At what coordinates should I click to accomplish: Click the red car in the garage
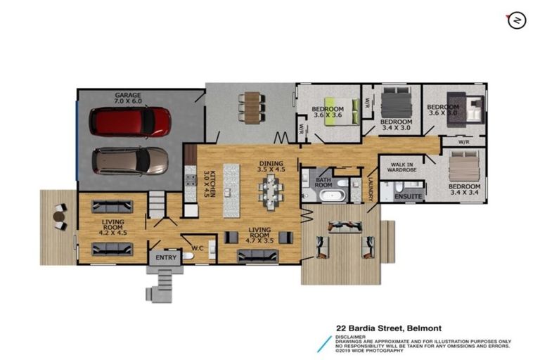click(130, 122)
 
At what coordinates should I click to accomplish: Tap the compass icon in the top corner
click(517, 21)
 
